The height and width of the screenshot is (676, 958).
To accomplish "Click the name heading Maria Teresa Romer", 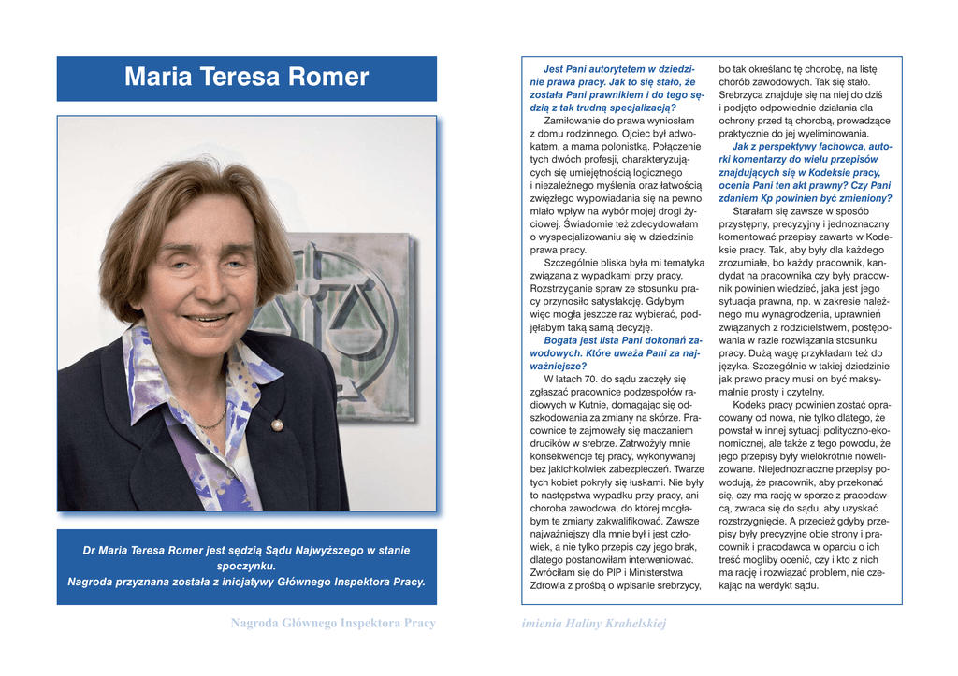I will pyautogui.click(x=246, y=78).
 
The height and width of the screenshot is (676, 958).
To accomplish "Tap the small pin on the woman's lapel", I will pyautogui.click(x=277, y=425).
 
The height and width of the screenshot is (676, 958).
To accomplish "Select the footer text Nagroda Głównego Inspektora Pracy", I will pyautogui.click(x=333, y=624).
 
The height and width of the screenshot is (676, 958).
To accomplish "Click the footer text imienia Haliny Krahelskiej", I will pyautogui.click(x=594, y=624).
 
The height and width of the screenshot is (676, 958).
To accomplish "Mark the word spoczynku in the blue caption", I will pyautogui.click(x=246, y=566).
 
